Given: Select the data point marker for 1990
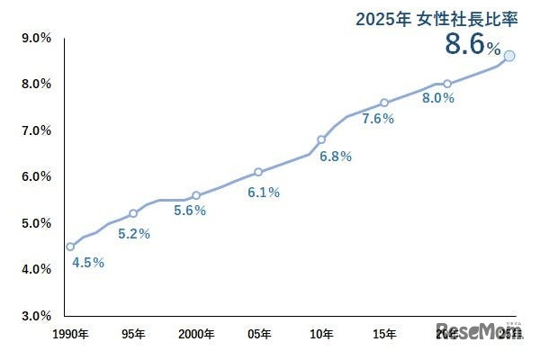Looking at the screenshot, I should pos(70,247).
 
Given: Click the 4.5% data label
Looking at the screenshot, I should pos(87,263).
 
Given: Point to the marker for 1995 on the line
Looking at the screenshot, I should pos(133,213).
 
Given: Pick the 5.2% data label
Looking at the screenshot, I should pos(134,234).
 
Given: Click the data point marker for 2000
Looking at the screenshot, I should pos(196,195).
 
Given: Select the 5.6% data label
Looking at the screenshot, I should pos(190,211).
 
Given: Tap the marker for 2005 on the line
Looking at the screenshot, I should pos(258,172).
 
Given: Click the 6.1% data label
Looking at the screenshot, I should pos(264,192).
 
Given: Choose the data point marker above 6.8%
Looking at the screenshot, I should pos(321,139).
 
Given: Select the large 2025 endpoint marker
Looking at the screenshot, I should pos(509,56).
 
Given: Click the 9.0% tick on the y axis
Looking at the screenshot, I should pos(36,38).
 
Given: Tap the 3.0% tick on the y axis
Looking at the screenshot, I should pos(36,316).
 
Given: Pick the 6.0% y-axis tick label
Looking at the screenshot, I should pos(36,176).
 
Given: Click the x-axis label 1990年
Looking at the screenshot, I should pos(71,335).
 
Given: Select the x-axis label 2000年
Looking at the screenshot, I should pos(196,335).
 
